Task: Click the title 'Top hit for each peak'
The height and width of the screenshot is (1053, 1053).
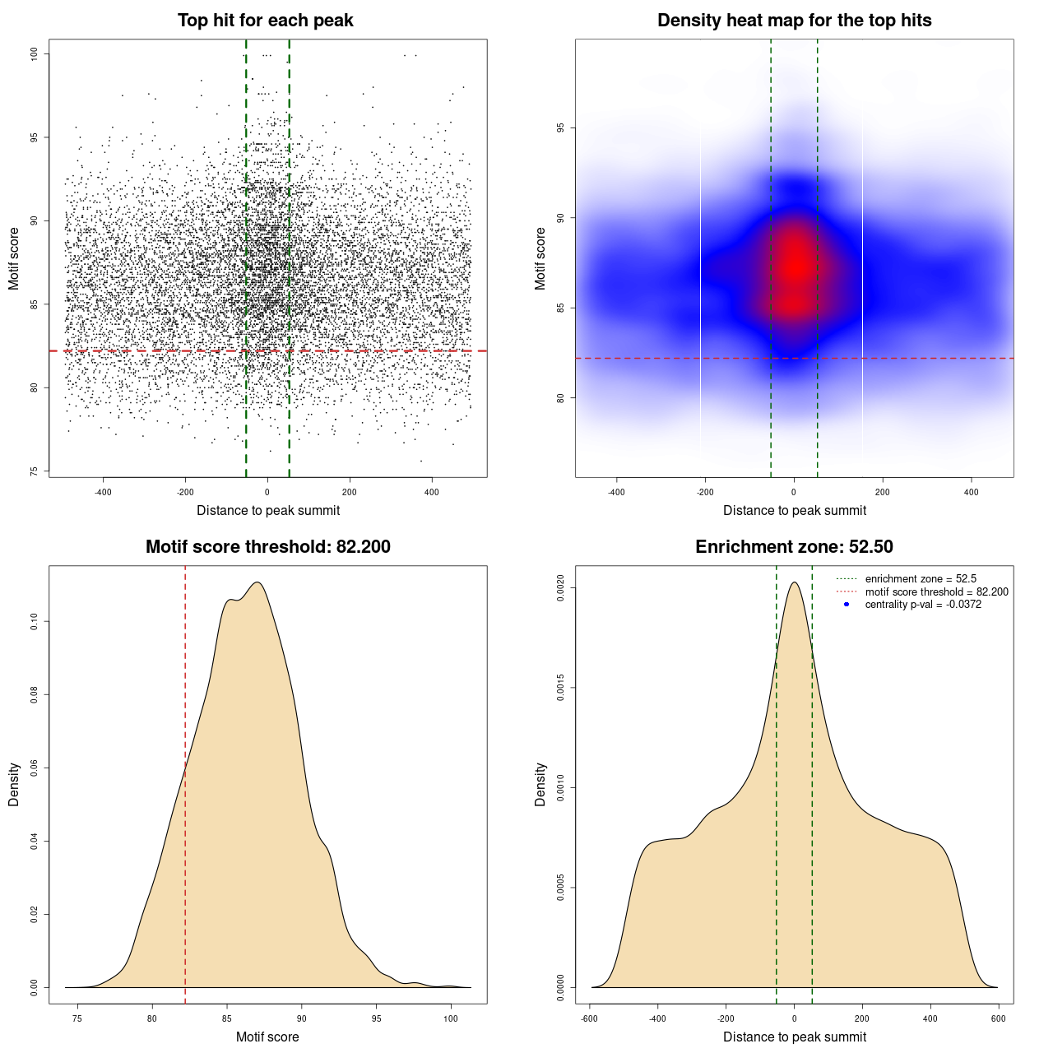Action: [265, 21]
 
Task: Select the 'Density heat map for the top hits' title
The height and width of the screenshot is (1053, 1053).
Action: [794, 21]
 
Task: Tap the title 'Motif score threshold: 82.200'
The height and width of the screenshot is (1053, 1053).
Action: [267, 547]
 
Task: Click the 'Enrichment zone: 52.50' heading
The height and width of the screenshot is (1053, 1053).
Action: [794, 547]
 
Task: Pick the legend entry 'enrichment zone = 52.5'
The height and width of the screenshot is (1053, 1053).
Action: [921, 579]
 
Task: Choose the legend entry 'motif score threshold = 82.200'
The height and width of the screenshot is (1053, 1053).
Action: [936, 591]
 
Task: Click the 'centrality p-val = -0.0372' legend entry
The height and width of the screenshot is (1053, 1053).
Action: [923, 605]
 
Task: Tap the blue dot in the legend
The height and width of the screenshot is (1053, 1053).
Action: [847, 605]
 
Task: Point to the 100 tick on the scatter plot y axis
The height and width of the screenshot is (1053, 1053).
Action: [35, 54]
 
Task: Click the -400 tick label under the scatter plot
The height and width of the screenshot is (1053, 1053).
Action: [103, 492]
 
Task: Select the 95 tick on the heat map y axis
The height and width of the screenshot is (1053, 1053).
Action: [561, 128]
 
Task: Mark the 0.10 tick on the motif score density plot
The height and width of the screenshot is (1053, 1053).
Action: [35, 622]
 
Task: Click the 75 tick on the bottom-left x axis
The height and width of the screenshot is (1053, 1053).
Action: [77, 1018]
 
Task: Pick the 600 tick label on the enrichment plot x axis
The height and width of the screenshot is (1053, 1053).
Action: [998, 1018]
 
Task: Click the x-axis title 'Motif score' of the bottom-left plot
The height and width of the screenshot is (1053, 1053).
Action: [267, 1037]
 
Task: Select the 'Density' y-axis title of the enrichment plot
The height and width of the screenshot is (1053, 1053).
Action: [540, 784]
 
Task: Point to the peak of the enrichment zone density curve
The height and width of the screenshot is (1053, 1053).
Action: [794, 582]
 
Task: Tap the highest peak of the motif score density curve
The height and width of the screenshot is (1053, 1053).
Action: [257, 582]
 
